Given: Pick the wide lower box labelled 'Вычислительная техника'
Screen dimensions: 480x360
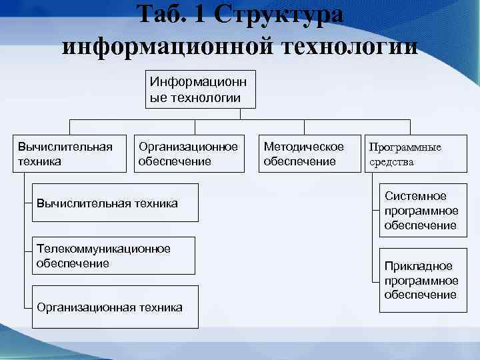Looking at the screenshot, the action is [x=114, y=202].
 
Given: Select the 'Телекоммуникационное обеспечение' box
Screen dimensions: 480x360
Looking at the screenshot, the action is [x=114, y=255].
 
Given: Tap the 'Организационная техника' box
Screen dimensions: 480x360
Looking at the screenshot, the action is [x=114, y=307].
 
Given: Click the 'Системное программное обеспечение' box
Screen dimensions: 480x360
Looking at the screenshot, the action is [x=421, y=211].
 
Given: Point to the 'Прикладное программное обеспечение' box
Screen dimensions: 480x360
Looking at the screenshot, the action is [x=421, y=280].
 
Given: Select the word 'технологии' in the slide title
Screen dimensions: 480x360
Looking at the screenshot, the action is [x=347, y=46].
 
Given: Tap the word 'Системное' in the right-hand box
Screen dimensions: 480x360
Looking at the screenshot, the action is [x=415, y=196].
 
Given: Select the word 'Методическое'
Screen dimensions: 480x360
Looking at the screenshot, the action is [x=304, y=146].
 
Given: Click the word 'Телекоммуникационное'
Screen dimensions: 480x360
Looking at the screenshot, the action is [x=103, y=249].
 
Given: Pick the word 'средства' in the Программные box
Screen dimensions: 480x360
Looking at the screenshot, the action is [x=392, y=161].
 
